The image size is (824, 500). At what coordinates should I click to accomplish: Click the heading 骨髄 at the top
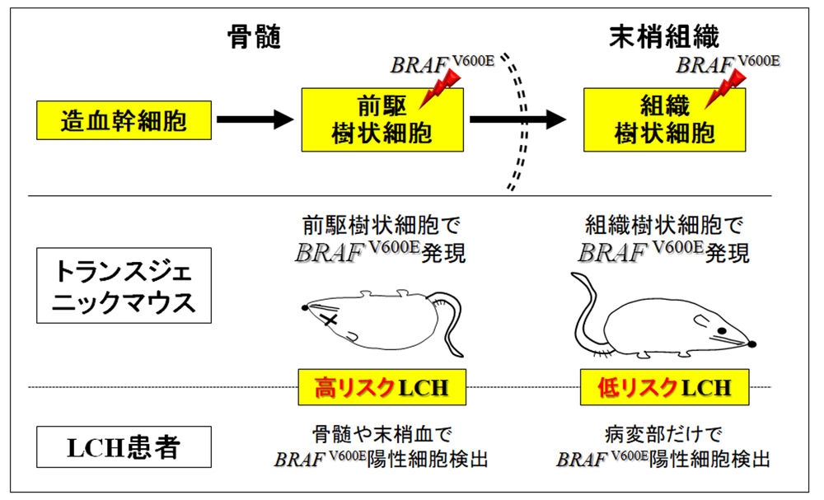[255, 36]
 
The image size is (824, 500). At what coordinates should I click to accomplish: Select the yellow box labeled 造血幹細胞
[123, 122]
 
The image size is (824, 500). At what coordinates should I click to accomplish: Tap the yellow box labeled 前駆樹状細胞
[382, 120]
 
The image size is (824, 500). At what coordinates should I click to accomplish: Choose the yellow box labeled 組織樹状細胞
[665, 120]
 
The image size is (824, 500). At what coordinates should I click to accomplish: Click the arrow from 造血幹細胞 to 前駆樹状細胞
[255, 120]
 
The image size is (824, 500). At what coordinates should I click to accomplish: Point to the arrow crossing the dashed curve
[517, 120]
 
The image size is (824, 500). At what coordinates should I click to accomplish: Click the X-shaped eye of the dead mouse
[331, 320]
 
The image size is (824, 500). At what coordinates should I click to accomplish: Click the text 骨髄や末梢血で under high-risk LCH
[382, 434]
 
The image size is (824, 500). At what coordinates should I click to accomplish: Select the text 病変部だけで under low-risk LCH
[665, 434]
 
